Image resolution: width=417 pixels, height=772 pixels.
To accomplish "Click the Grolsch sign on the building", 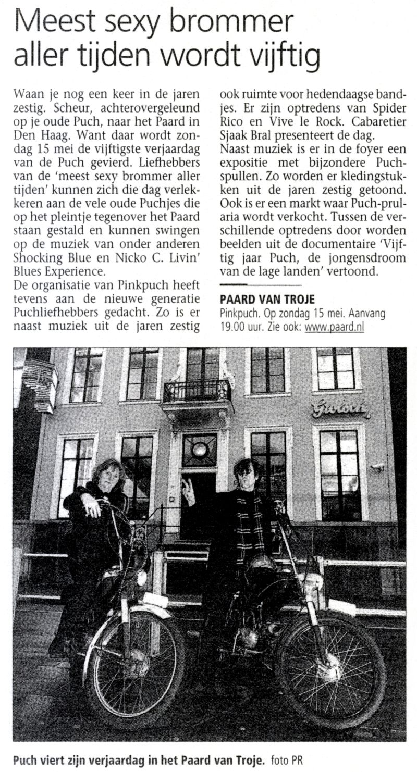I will pyautogui.click(x=340, y=407).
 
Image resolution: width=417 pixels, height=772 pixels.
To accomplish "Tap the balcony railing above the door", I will pyautogui.click(x=197, y=390).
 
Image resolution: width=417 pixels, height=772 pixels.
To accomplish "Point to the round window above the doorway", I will pyautogui.click(x=199, y=449).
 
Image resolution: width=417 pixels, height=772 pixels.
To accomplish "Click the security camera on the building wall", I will pyautogui.click(x=377, y=467).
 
